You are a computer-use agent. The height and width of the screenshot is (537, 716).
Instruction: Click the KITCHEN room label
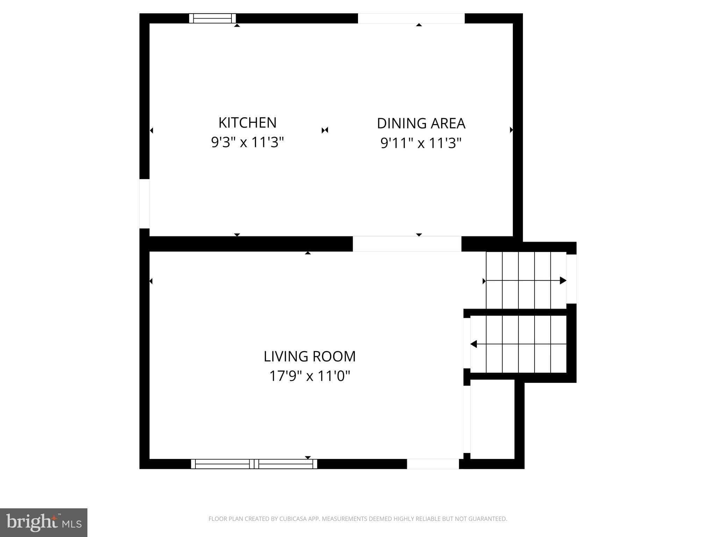click(x=247, y=123)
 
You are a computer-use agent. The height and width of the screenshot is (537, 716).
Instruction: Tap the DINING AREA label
click(x=421, y=123)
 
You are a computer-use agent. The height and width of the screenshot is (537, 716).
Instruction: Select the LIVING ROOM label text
click(x=309, y=357)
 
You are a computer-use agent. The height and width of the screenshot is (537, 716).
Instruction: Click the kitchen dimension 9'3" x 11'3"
click(x=247, y=142)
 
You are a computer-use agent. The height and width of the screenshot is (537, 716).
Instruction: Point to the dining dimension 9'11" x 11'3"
click(x=421, y=143)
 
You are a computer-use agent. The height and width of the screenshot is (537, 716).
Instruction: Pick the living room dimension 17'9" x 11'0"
click(x=309, y=376)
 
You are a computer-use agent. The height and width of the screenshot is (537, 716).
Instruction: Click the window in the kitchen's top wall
click(x=213, y=18)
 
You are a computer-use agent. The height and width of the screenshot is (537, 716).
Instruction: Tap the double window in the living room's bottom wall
click(x=254, y=464)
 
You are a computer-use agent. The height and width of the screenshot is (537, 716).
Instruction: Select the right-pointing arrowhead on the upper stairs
click(x=563, y=280)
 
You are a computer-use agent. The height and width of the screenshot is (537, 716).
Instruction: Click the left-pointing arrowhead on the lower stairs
click(x=474, y=344)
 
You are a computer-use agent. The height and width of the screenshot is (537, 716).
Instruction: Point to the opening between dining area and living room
click(x=407, y=244)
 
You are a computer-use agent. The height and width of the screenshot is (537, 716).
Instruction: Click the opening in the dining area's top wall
click(x=411, y=19)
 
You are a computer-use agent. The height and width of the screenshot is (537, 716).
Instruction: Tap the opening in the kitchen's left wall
click(x=144, y=203)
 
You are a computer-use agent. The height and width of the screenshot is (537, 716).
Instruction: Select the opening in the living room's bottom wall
click(x=433, y=464)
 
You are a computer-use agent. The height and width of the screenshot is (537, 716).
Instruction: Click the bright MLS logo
click(x=44, y=523)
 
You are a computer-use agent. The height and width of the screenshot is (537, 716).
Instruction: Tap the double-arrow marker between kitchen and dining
click(x=325, y=130)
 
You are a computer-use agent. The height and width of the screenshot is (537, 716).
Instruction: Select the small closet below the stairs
click(x=492, y=420)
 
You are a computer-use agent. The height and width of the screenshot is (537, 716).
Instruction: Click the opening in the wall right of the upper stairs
click(x=571, y=279)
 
